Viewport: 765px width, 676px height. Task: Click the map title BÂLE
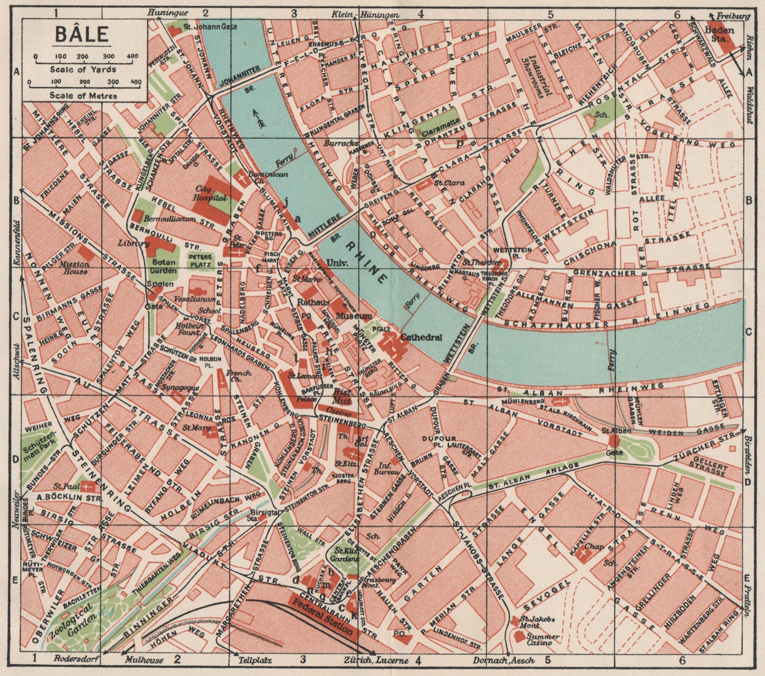[x=81, y=34]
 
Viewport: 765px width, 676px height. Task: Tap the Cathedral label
[x=421, y=337]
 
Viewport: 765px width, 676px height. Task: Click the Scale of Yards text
[x=83, y=70]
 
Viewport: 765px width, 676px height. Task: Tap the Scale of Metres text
[x=83, y=96]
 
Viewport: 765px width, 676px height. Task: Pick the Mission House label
[x=74, y=267]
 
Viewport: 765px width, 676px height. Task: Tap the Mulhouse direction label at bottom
[x=145, y=661]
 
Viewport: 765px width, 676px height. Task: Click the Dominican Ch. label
[x=268, y=178]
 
